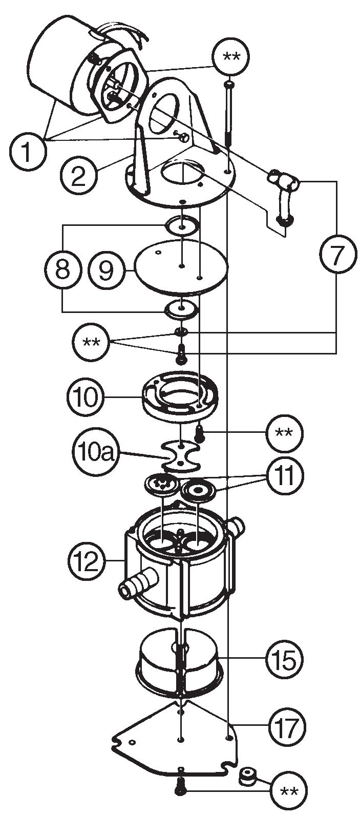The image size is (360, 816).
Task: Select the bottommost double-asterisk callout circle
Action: (290, 790)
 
